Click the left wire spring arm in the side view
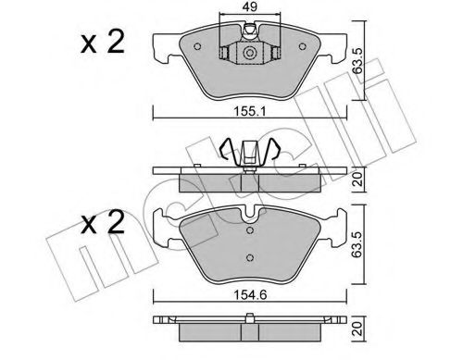point(227,150)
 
